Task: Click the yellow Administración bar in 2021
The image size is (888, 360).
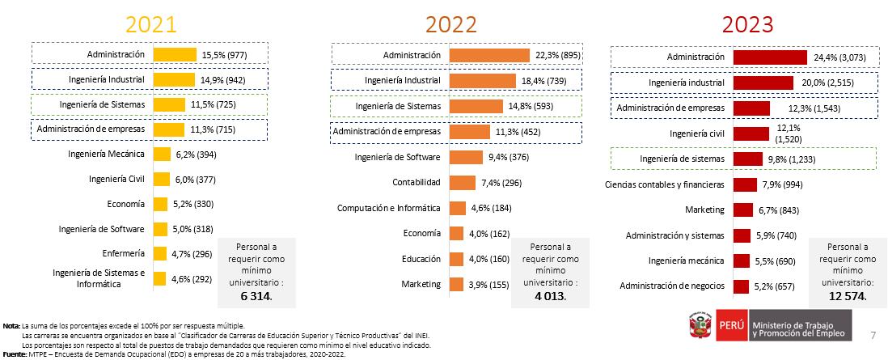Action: [x=175, y=54]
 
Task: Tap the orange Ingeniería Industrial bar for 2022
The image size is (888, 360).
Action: [x=476, y=81]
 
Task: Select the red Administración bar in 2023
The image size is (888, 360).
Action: [x=770, y=57]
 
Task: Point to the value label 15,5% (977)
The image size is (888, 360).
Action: [x=224, y=55]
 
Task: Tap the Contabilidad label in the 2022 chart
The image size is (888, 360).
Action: [x=417, y=182]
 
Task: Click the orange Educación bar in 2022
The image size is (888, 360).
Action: [x=456, y=259]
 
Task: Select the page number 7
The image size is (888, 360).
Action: [x=872, y=335]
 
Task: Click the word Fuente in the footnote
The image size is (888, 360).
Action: [x=15, y=353]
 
